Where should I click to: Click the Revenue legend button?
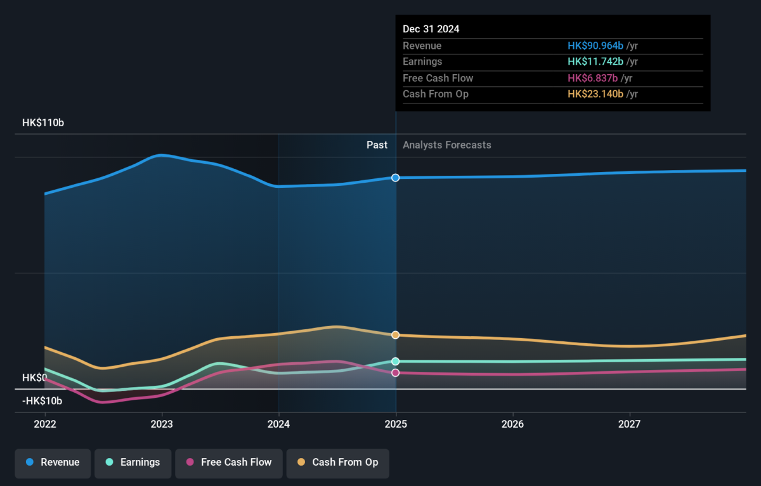(53, 463)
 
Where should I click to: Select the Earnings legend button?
(133, 463)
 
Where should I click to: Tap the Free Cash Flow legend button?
(229, 463)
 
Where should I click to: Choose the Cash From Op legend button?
(337, 463)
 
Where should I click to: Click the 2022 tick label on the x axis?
(45, 424)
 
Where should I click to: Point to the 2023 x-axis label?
(162, 424)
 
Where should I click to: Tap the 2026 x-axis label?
(512, 424)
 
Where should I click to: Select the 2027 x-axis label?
(630, 424)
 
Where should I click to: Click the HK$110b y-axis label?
(43, 122)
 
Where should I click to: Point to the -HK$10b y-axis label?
(42, 401)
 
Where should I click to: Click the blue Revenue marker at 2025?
(396, 178)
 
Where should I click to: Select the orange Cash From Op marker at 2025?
(396, 335)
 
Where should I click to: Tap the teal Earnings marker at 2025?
(396, 361)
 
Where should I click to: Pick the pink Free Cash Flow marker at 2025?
(396, 373)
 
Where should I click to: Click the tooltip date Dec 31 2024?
(431, 29)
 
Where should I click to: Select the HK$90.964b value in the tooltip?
(595, 46)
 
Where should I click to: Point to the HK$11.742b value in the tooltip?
(595, 62)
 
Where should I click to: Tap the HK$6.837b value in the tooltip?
(593, 78)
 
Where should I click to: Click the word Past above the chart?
(377, 145)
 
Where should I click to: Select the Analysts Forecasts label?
(447, 145)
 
